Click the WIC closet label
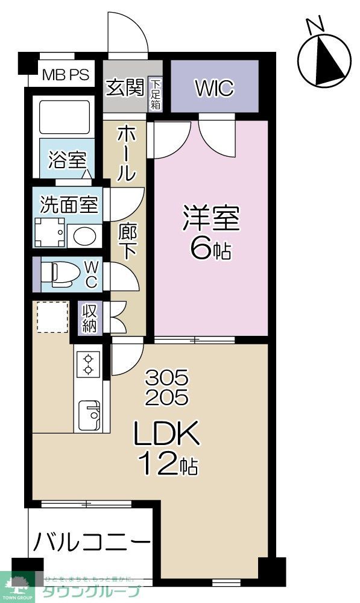click(215, 88)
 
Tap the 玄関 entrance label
click(125, 88)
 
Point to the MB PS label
click(66, 75)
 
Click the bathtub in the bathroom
click(64, 116)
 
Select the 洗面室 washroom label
click(68, 204)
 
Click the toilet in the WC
click(62, 274)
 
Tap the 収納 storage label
click(90, 318)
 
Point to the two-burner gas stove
click(87, 363)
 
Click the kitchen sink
click(89, 414)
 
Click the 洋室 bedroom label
click(211, 218)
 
